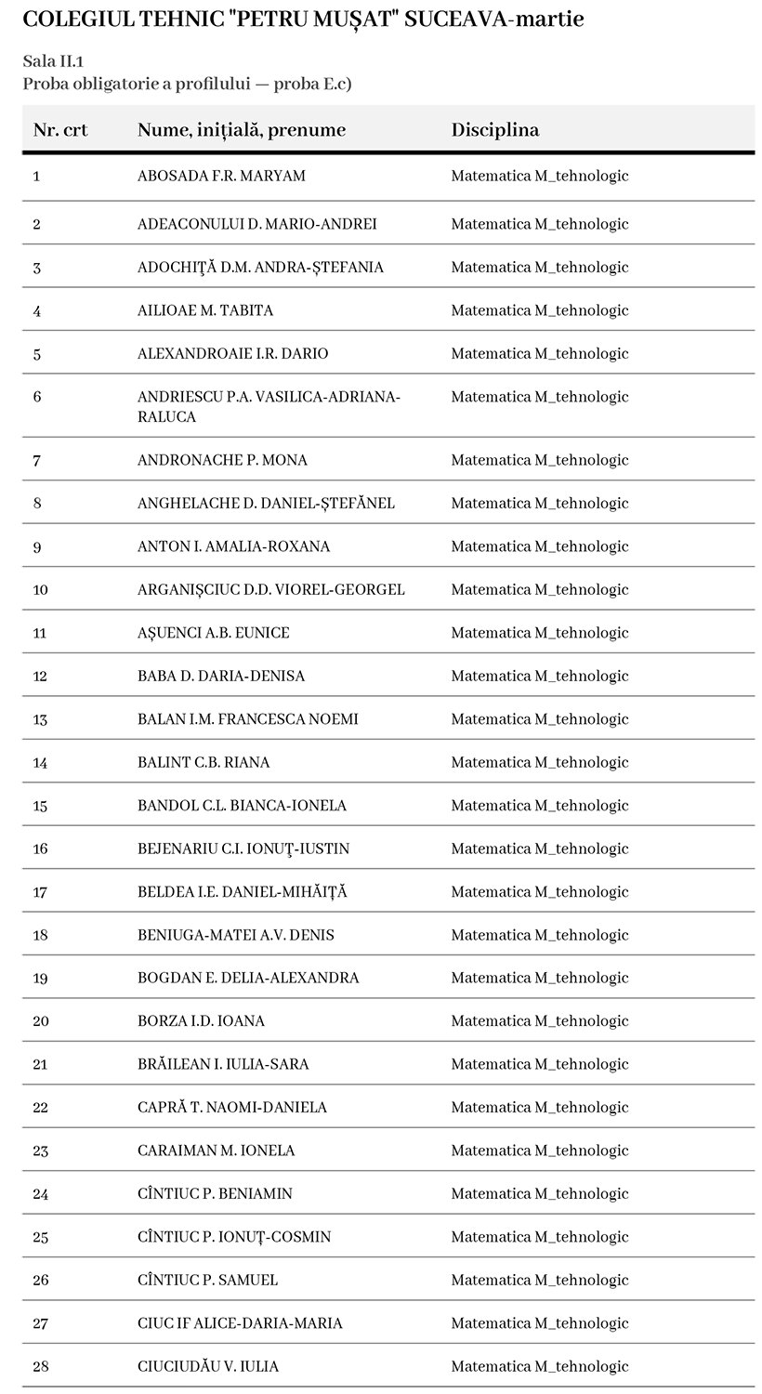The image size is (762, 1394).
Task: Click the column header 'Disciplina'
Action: (494, 130)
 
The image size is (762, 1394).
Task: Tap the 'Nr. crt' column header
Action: (60, 130)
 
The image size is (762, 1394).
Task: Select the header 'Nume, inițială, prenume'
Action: (241, 130)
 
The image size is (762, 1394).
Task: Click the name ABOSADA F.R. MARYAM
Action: (221, 176)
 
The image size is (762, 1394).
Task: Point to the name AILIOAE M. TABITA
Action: (205, 310)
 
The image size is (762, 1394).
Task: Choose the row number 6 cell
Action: (37, 397)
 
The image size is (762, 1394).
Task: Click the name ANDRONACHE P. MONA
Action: (222, 460)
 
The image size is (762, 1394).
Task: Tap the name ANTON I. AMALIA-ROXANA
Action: (233, 546)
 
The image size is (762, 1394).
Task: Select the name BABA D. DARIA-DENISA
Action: (220, 676)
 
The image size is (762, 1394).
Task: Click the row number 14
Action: (40, 762)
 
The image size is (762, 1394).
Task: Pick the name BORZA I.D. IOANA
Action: (201, 1020)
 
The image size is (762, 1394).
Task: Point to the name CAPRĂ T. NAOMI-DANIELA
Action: (231, 1107)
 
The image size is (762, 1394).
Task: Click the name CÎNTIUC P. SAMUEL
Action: (207, 1280)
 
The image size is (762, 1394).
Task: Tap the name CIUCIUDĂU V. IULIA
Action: (207, 1366)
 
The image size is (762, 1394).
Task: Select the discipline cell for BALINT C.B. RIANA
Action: (539, 762)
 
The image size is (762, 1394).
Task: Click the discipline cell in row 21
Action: (539, 1064)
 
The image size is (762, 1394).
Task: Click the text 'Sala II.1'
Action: (52, 61)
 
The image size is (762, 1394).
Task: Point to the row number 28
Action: (40, 1366)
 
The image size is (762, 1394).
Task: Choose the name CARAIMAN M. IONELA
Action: (216, 1151)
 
